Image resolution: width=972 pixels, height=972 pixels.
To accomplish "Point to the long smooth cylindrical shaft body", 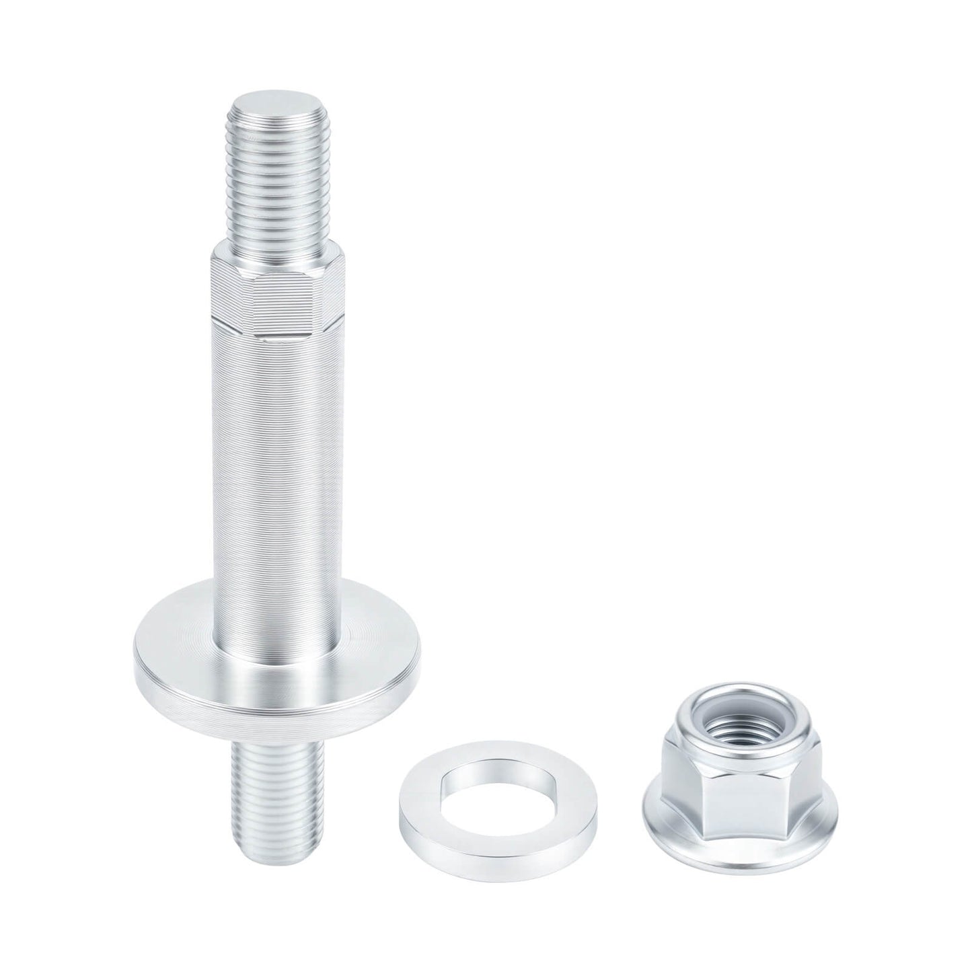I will click(x=278, y=457).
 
